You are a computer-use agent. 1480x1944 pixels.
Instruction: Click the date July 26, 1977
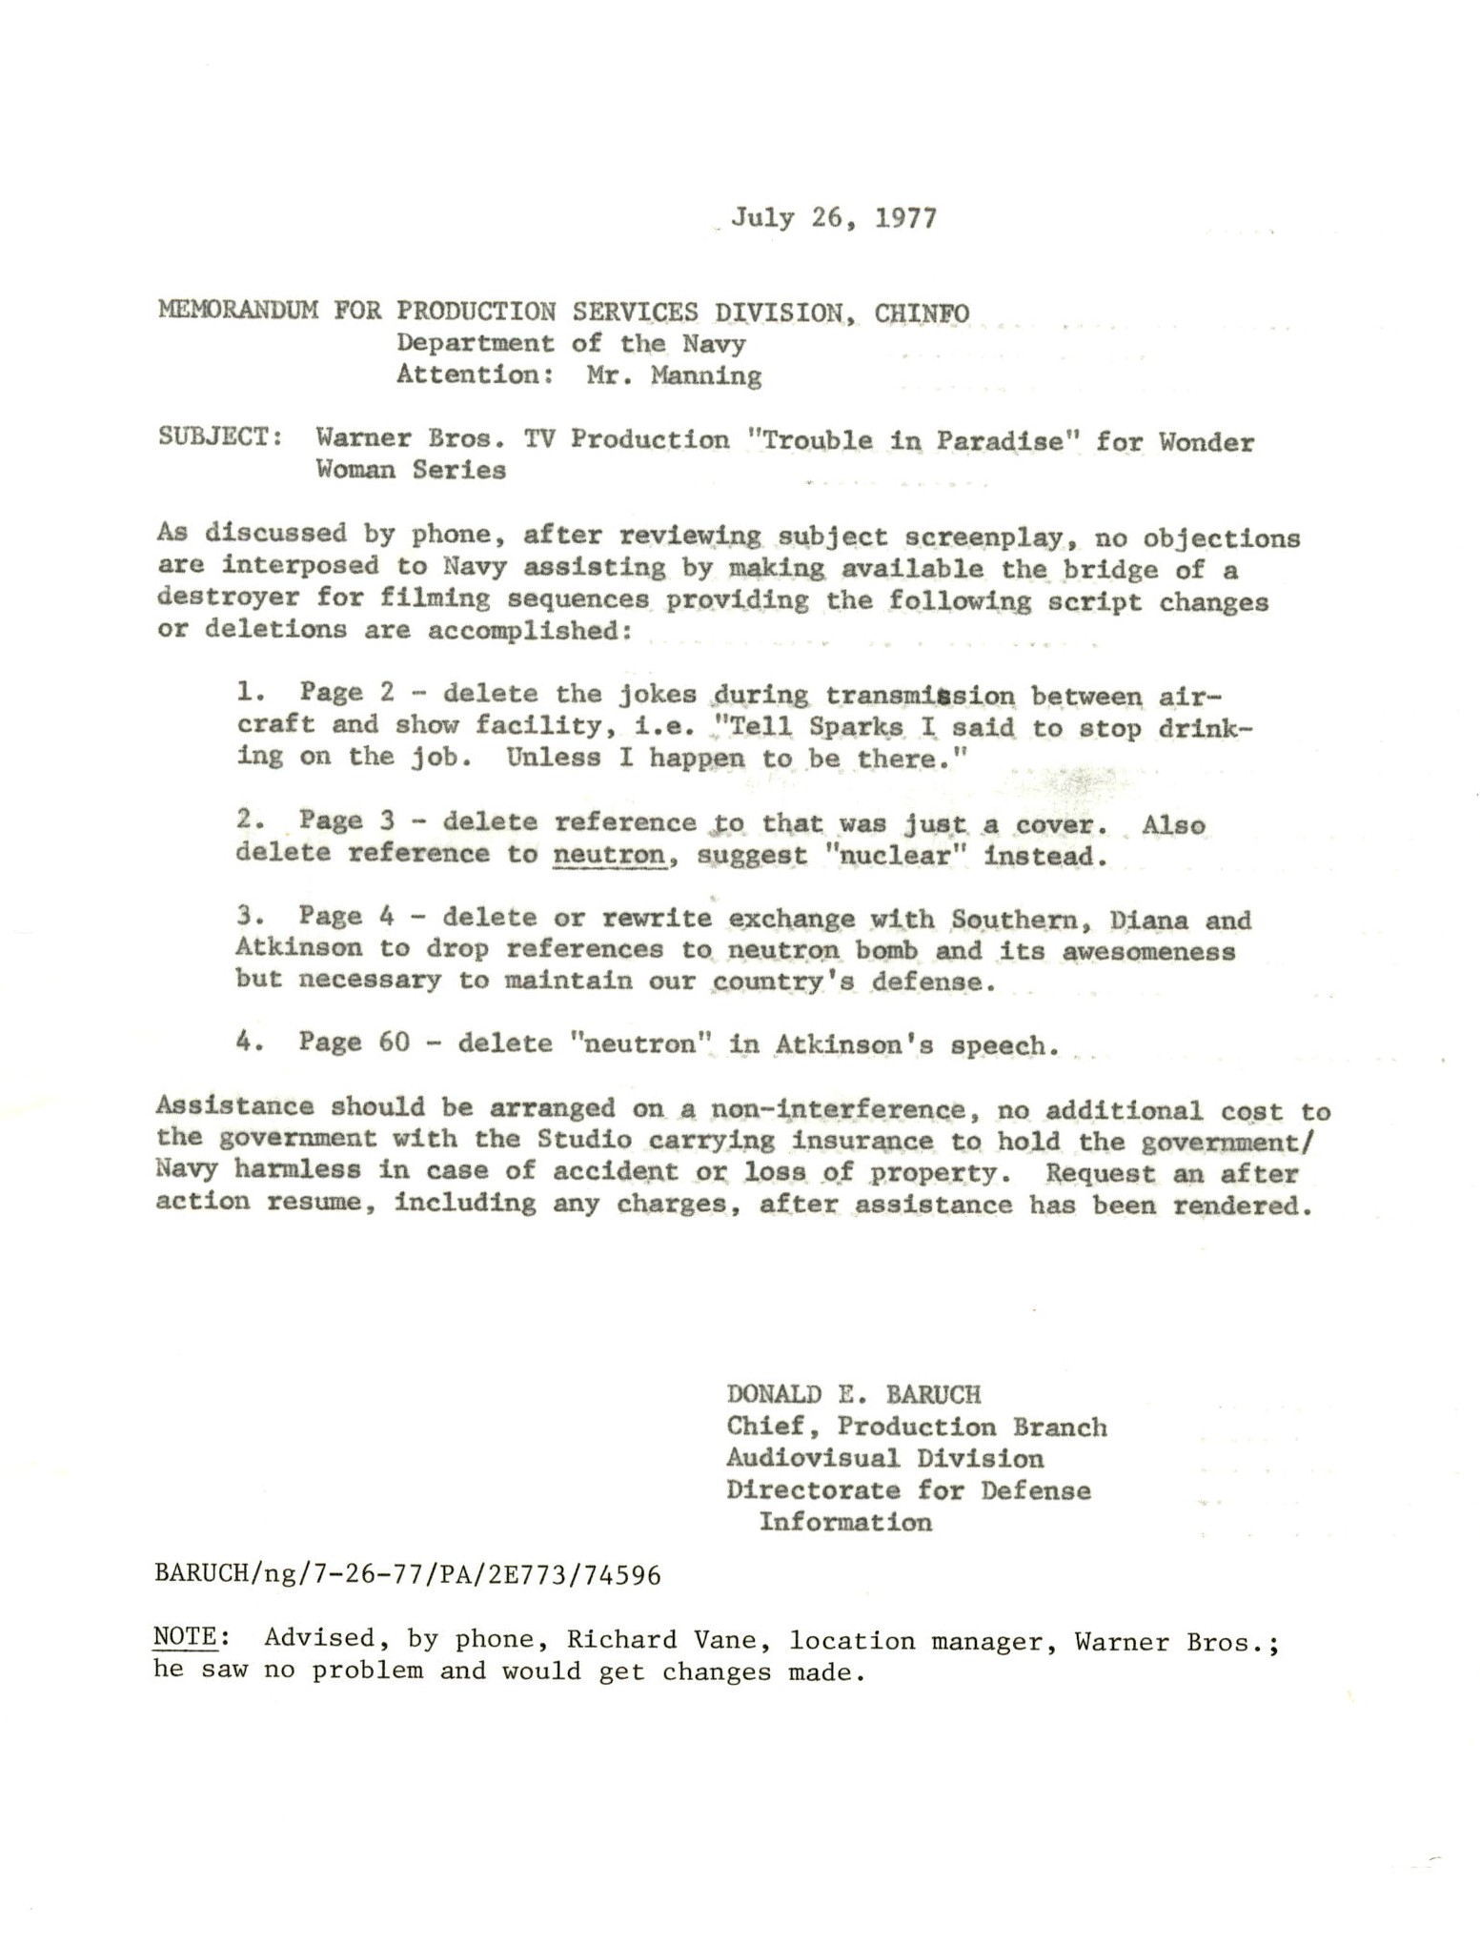[x=834, y=218]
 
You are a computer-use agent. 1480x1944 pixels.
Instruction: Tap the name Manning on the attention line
[x=706, y=375]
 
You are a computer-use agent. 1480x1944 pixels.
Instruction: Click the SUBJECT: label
[x=219, y=437]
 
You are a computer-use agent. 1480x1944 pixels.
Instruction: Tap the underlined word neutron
[x=609, y=854]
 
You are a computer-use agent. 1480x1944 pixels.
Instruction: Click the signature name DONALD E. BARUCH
[x=853, y=1394]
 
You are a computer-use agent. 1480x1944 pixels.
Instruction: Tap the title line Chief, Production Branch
[x=916, y=1427]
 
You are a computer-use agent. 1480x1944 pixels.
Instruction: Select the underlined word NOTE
[x=185, y=1637]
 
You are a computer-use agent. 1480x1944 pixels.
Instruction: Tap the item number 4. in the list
[x=250, y=1042]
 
